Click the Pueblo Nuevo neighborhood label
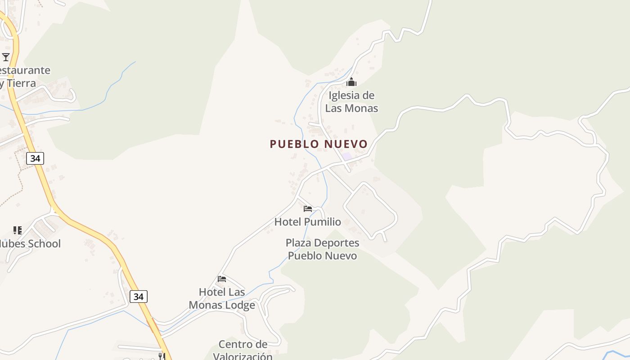[319, 144]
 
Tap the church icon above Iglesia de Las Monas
[351, 82]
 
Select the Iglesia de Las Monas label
[351, 102]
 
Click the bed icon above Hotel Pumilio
[308, 209]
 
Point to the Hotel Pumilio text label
[308, 222]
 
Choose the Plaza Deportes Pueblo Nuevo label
[322, 249]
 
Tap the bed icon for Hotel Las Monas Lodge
[222, 279]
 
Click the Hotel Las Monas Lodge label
[222, 298]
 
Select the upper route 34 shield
[35, 158]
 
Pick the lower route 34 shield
[139, 297]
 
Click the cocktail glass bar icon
[6, 57]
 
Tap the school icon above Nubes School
[18, 230]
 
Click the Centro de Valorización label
[243, 351]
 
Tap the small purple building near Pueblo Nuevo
[346, 156]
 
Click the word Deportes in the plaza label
[337, 243]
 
